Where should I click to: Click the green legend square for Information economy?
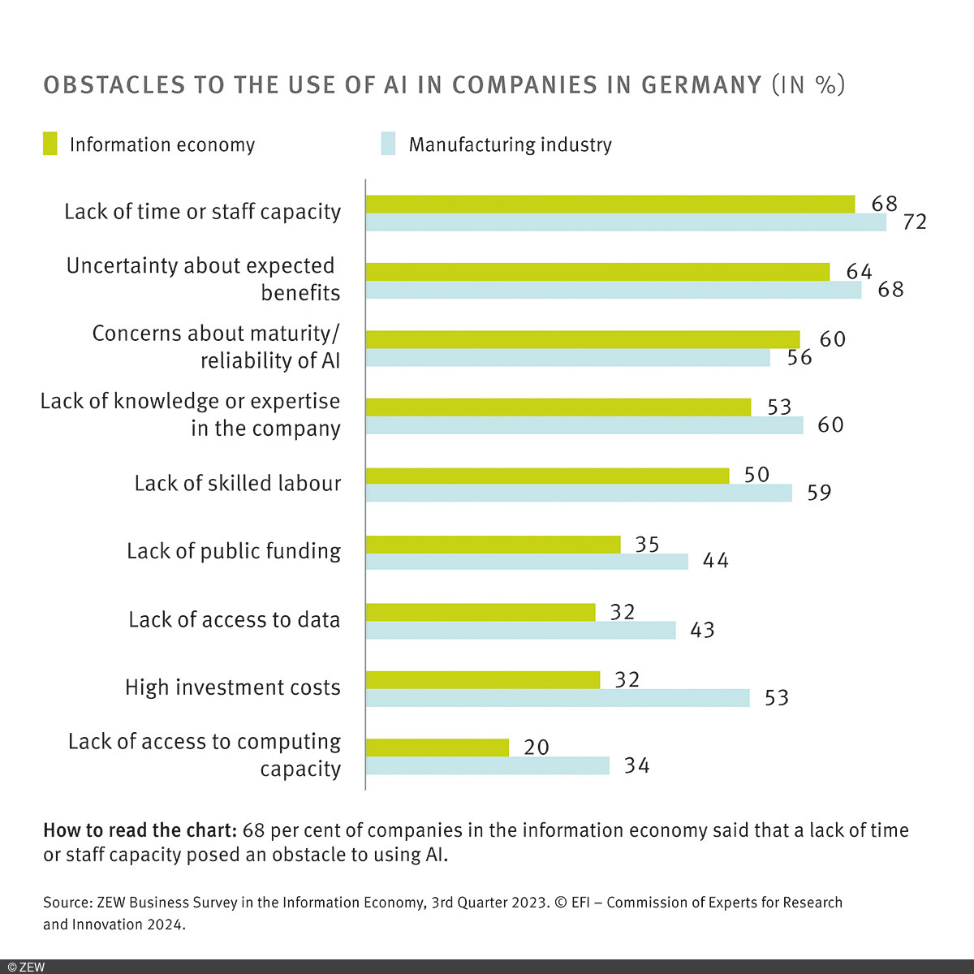point(50,144)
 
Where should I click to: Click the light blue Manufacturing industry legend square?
point(388,144)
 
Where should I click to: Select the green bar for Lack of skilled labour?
point(547,476)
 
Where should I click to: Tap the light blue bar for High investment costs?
point(558,698)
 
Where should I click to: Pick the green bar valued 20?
point(437,748)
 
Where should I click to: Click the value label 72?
point(914,222)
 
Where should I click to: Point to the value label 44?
point(715,561)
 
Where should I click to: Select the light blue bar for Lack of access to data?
point(520,630)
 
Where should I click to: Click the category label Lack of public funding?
point(234,551)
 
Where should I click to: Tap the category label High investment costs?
point(233,687)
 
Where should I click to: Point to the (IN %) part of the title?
point(808,85)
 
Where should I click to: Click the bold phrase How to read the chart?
point(139,830)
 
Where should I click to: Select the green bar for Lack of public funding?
point(493,544)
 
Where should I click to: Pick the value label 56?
point(799,358)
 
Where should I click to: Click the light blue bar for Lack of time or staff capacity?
point(626,222)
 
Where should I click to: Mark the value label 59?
point(819,493)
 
